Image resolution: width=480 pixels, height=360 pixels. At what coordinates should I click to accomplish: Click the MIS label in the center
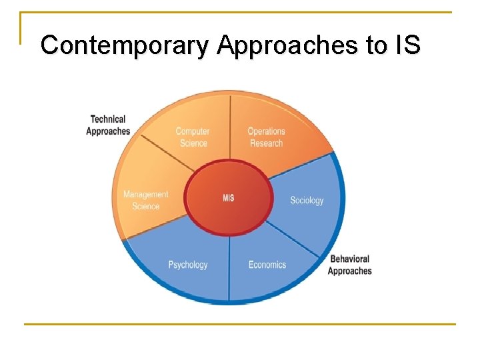pos(229,199)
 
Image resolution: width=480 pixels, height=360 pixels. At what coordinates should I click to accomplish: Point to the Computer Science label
pos(193,137)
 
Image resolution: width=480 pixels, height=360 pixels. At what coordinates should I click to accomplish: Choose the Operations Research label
pos(266,137)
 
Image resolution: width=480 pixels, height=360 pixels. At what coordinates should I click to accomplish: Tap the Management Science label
pos(145,200)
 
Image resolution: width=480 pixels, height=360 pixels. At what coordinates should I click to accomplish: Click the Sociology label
pos(307,200)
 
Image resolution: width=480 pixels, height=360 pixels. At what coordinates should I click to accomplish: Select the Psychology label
pos(188,265)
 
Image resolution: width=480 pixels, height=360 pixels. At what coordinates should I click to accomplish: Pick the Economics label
pos(267,265)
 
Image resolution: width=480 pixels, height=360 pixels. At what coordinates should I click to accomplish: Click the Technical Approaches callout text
pos(107,125)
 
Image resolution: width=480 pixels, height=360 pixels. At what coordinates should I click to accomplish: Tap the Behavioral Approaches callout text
pos(349,265)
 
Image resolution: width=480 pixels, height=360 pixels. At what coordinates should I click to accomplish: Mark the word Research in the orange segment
pos(266,143)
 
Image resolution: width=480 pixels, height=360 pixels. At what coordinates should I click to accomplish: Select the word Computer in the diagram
pos(193,131)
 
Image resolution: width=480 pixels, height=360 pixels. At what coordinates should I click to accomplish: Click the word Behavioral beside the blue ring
pos(349,259)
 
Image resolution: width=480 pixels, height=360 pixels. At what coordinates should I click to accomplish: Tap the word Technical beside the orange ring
pos(108,119)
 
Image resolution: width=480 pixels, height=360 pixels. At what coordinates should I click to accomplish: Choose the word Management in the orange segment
pos(145,195)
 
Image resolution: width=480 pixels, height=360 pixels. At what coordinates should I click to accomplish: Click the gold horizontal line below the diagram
pos(240,325)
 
